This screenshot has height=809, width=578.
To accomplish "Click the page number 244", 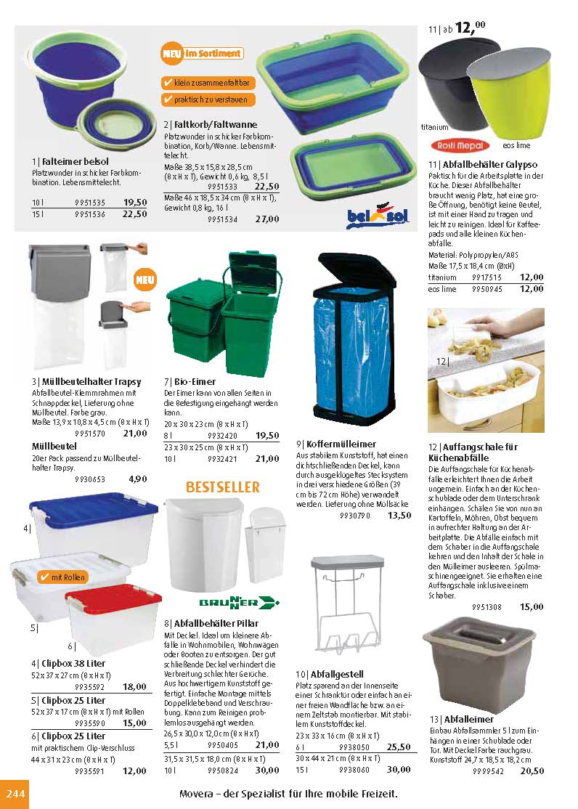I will coord(15,793).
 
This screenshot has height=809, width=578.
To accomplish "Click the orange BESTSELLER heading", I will coord(213,487).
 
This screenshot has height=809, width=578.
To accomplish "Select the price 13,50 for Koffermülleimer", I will coord(399,516).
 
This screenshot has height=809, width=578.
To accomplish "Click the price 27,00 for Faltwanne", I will coord(267,219).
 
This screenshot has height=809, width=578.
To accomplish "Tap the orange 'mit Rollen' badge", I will coord(62,577).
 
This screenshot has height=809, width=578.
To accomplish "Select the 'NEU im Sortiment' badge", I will coord(202,53).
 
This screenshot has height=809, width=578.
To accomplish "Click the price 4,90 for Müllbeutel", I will coord(138,479).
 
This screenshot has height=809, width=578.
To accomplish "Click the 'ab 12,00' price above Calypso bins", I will coord(464,28).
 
